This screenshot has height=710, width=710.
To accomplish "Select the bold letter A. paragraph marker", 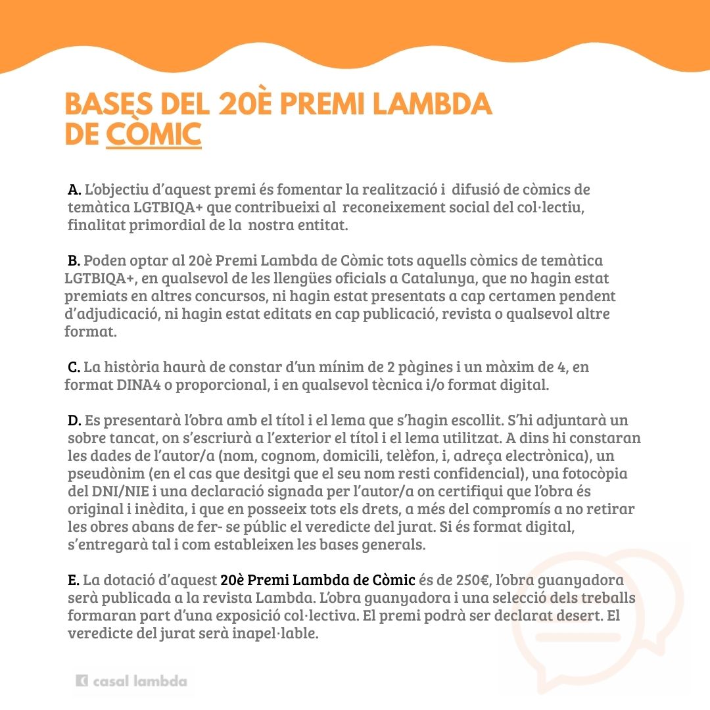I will coord(74,190).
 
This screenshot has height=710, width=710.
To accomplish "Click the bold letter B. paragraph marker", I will coord(74,262).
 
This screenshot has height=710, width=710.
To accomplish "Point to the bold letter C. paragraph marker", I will coord(74,367).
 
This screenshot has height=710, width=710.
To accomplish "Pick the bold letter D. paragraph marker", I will coord(74,420).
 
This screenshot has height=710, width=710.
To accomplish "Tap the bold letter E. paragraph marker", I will coord(74,580).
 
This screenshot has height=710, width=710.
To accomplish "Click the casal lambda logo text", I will coord(139,682).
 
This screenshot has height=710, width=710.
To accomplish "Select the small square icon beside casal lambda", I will coord(82,682).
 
